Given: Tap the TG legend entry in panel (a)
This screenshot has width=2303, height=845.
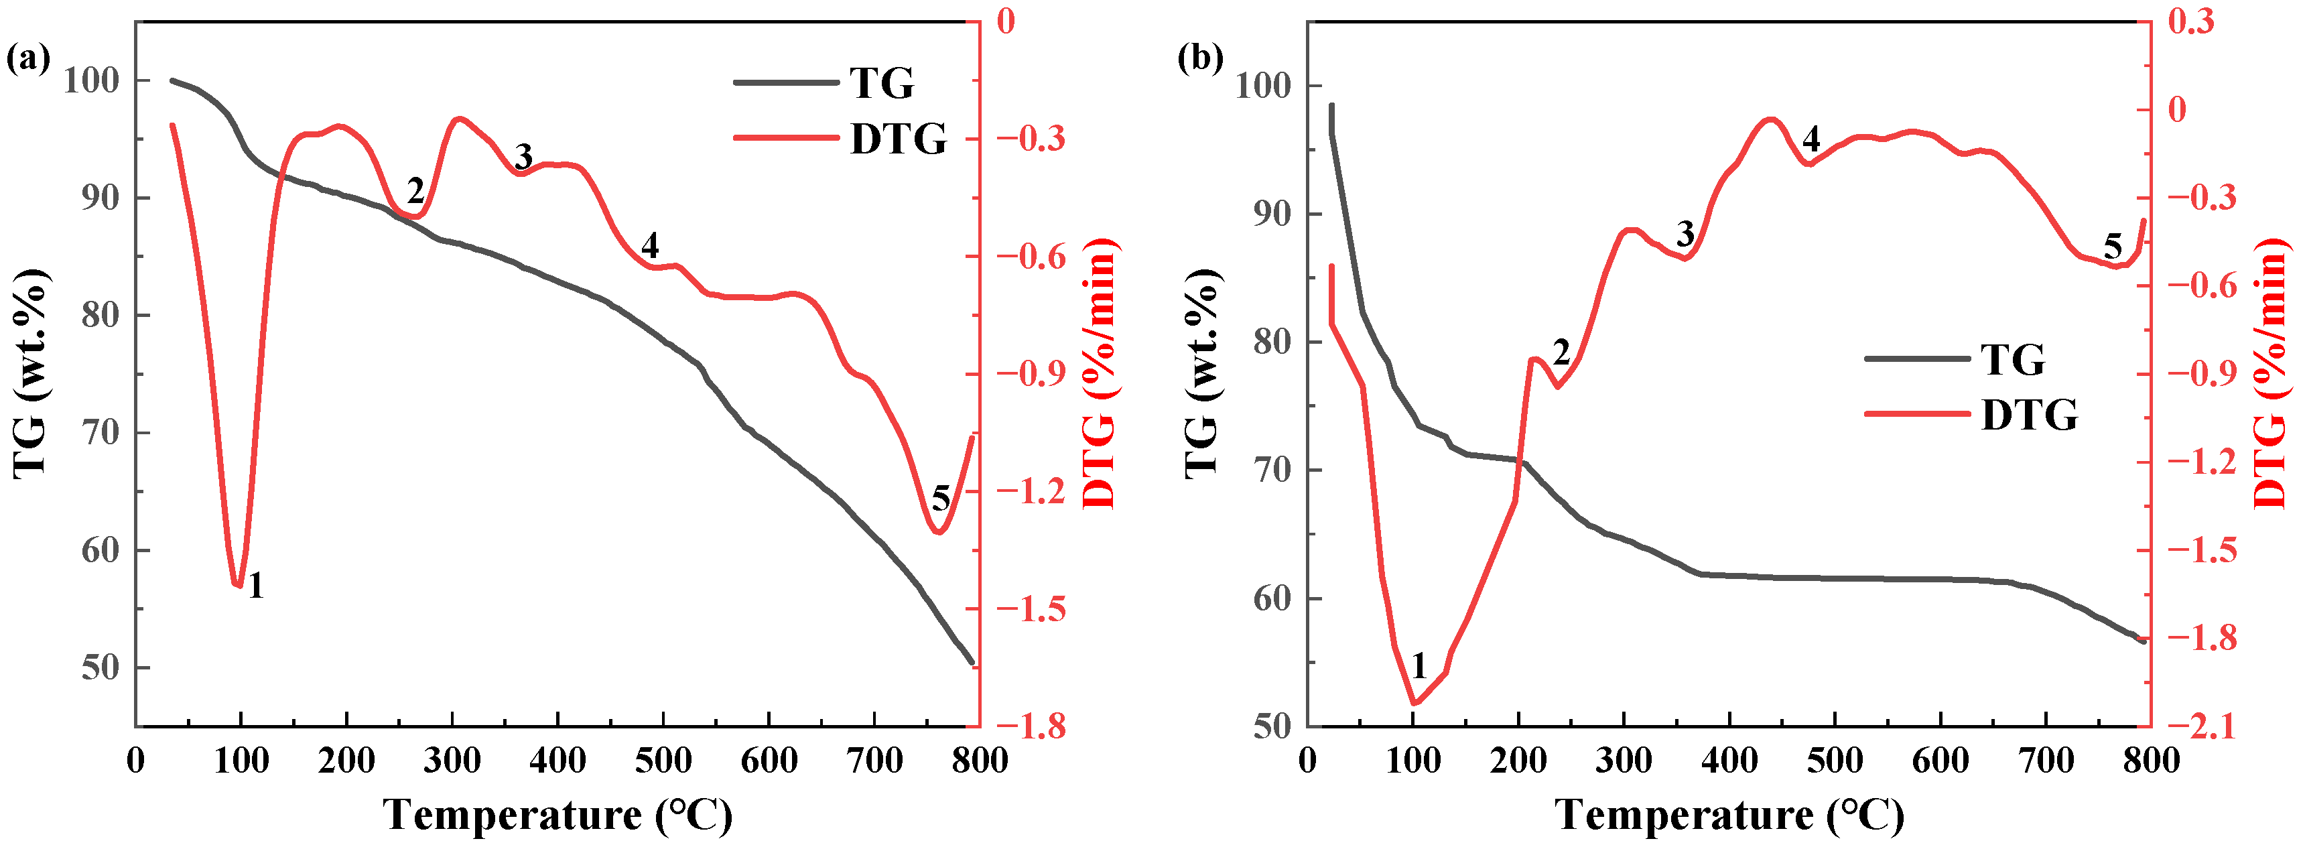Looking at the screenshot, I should pos(880,83).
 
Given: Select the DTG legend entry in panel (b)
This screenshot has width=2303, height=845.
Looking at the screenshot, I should pos(2028,415).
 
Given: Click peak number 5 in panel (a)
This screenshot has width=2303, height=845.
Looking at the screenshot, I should pos(941,498).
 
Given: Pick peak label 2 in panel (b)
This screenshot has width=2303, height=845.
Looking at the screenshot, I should pos(1561,352).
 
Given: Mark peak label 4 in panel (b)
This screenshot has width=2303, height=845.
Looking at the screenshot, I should pos(1811,139).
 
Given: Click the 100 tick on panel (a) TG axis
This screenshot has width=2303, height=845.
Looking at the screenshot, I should pos(90,80).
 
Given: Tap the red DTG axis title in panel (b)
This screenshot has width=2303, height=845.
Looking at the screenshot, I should pos(2270,374).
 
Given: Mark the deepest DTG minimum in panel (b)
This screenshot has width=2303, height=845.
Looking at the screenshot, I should pos(1414,704).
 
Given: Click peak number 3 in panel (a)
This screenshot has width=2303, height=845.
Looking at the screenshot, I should pos(523,157).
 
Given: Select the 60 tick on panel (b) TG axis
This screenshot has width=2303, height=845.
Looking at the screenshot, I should pos(1272,598).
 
